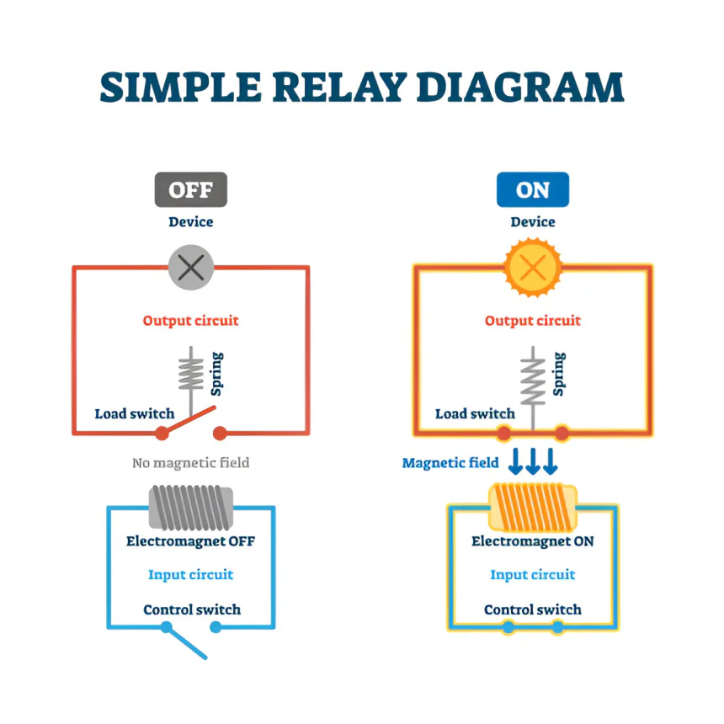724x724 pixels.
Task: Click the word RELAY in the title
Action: [339, 88]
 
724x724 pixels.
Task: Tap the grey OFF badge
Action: [191, 189]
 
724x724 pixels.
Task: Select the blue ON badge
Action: [532, 189]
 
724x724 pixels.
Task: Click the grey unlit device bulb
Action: [191, 268]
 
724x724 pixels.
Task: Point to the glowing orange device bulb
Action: [533, 268]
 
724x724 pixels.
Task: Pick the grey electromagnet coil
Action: [191, 508]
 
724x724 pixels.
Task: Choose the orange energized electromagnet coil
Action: [533, 507]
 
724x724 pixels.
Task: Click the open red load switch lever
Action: [189, 420]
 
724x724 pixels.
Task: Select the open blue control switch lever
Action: [185, 641]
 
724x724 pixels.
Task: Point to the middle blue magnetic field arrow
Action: [533, 460]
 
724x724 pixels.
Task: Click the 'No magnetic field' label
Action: [191, 463]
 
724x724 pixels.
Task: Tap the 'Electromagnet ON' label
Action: [532, 540]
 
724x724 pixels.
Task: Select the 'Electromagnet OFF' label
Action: [191, 540]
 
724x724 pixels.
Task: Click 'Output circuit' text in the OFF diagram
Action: [191, 321]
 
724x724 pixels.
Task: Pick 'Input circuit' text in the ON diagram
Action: [532, 574]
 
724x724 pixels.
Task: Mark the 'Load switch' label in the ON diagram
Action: [475, 413]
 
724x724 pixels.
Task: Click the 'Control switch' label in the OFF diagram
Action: [192, 610]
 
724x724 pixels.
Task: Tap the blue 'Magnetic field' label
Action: [450, 463]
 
